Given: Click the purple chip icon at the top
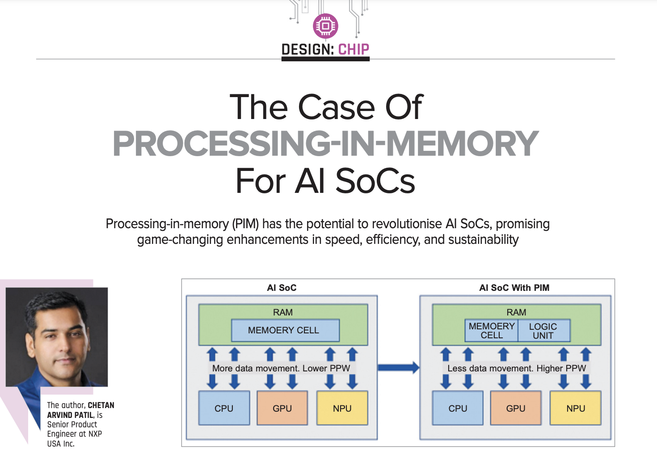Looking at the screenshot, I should click(325, 26).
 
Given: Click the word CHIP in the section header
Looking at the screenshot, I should click(354, 49).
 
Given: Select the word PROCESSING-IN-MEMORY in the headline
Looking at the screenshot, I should click(325, 144).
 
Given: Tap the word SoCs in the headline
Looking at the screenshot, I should click(375, 181).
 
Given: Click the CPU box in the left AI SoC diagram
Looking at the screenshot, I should click(224, 408).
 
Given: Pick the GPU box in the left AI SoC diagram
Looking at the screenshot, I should click(282, 408).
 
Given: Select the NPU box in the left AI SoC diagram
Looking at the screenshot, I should click(342, 408).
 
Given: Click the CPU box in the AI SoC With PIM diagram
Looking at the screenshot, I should click(458, 408).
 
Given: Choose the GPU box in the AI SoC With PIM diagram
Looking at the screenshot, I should click(516, 408).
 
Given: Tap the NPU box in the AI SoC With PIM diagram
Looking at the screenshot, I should click(575, 408).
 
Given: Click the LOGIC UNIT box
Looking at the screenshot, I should click(543, 331).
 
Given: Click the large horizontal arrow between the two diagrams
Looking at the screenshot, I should click(398, 368).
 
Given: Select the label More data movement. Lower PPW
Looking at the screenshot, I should click(281, 368).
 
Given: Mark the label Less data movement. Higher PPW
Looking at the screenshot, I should click(516, 368).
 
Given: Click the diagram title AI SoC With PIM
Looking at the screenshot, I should click(514, 288).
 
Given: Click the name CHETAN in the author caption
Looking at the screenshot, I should click(101, 405).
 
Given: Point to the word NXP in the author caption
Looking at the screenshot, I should click(95, 434).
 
